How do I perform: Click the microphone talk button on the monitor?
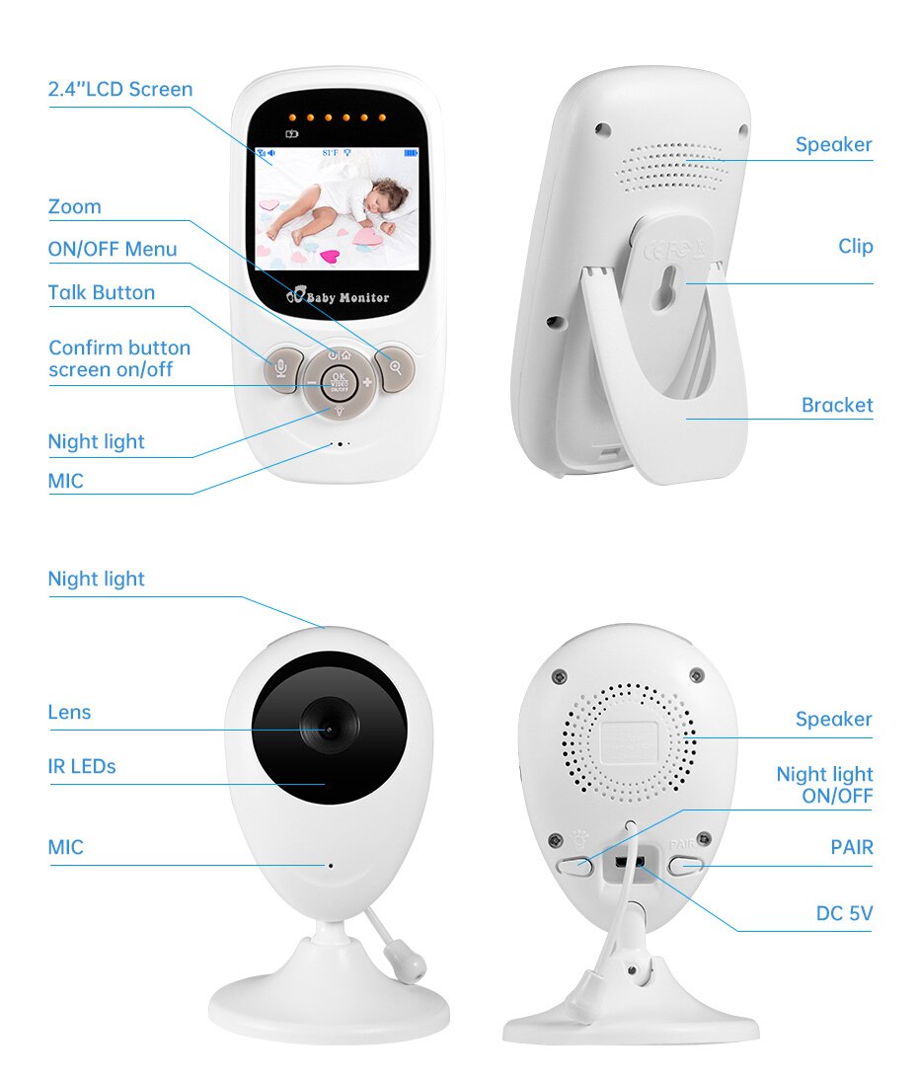tap(282, 368)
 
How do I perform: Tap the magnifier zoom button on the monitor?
tap(395, 368)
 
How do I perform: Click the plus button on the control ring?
tap(367, 382)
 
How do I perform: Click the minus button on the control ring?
tap(311, 383)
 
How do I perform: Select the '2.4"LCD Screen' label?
tap(120, 90)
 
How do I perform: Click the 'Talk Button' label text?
tap(102, 293)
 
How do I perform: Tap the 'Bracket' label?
tap(837, 405)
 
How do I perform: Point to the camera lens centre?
tap(329, 730)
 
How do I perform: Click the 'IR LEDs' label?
tap(82, 767)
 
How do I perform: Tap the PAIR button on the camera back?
tap(686, 866)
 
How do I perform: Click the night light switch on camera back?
tap(574, 866)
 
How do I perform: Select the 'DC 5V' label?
tap(844, 914)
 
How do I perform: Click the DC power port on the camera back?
tap(629, 863)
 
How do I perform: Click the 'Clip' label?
tap(856, 247)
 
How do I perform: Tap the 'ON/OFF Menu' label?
tap(113, 250)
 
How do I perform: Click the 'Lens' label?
tap(69, 712)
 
